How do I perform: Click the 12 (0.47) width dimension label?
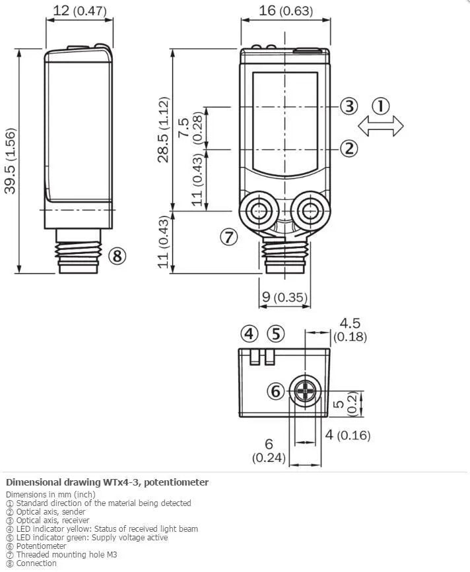(x=80, y=11)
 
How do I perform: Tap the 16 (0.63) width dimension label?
(x=286, y=11)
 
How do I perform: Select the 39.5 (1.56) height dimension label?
(x=11, y=161)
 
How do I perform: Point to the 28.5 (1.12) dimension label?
(x=164, y=129)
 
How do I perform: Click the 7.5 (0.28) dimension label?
(x=190, y=128)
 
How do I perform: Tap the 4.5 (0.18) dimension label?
(x=350, y=329)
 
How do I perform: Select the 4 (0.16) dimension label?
(x=348, y=435)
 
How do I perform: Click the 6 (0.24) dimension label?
(x=269, y=451)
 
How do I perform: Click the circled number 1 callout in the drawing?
(x=381, y=106)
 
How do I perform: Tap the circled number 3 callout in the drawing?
(x=349, y=106)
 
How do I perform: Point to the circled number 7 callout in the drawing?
(x=229, y=237)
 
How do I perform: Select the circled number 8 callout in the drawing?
(x=117, y=256)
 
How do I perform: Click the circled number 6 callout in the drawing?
(x=275, y=391)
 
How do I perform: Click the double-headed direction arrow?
(x=381, y=126)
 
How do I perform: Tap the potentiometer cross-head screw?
(x=305, y=391)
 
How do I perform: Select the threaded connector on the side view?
(x=78, y=251)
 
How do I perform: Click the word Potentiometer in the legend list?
(x=41, y=546)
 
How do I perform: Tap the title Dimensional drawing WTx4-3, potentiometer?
(x=108, y=482)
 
